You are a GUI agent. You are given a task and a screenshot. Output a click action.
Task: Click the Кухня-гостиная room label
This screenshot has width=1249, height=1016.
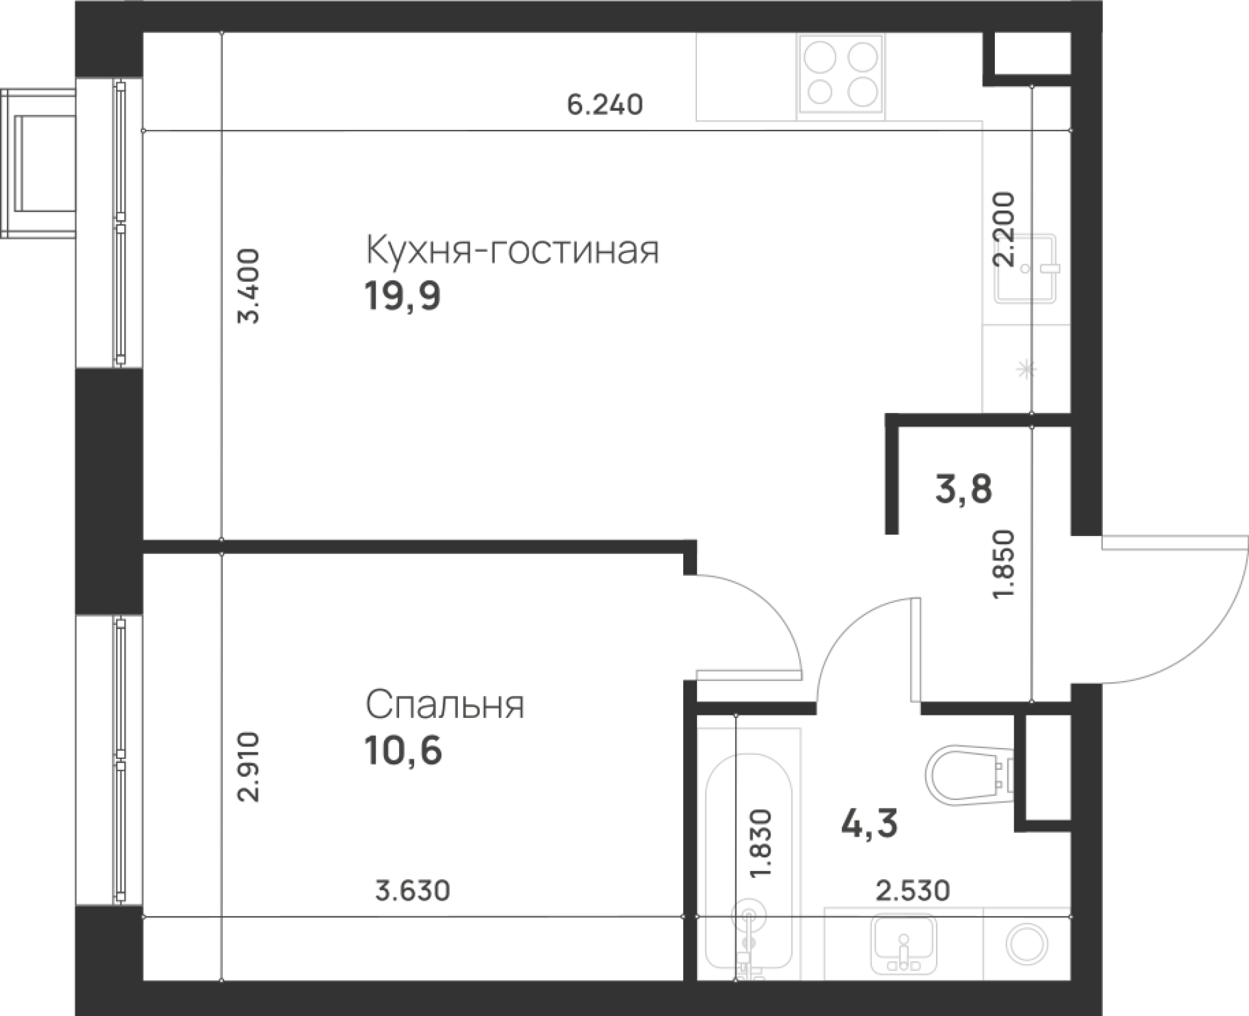512,251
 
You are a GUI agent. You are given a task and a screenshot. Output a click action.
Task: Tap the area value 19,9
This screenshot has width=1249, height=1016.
403,296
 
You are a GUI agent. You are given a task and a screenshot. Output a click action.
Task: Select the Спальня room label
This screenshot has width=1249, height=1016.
445,705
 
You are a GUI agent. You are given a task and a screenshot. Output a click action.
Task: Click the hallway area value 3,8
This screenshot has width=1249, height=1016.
963,489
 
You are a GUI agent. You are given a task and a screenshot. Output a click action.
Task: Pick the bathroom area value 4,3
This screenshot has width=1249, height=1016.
869,824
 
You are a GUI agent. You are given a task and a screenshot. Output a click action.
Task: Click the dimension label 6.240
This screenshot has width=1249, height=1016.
604,104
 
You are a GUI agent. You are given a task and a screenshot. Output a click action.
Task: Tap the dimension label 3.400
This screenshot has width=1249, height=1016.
249,286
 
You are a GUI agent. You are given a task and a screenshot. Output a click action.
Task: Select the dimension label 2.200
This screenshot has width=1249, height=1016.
1006,230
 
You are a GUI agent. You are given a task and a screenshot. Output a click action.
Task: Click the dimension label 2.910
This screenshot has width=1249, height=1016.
249,767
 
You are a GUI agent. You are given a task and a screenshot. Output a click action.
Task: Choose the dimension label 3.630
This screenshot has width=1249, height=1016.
412,892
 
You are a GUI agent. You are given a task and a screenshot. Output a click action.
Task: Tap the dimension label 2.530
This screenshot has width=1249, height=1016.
912,892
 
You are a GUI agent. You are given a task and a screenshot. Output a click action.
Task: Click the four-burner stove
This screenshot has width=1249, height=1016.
841,76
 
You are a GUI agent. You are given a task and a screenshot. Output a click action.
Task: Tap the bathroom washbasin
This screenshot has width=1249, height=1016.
903,948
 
